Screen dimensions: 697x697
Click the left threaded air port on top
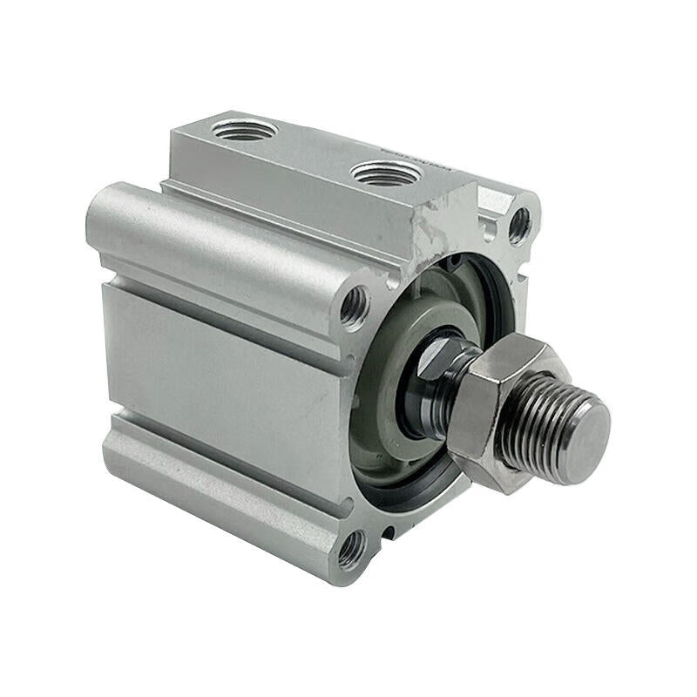coord(244,130)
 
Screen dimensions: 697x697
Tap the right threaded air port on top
coord(386,172)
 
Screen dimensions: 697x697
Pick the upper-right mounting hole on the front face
coord(519,224)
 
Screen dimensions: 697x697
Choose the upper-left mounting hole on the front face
coord(355,306)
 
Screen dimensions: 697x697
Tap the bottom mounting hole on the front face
coord(351,548)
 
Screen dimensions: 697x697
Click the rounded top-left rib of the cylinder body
coord(209,227)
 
